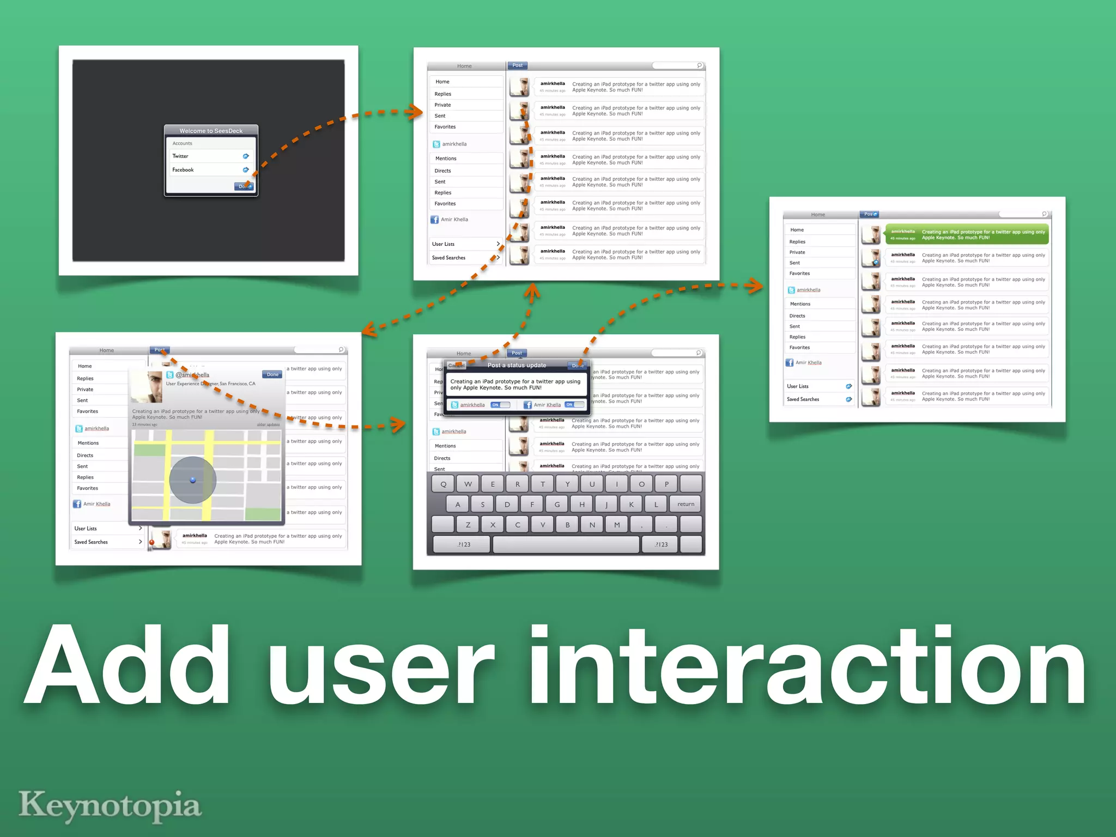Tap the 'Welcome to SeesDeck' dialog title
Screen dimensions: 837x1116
pyautogui.click(x=211, y=131)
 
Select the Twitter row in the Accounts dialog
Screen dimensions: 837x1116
pyautogui.click(x=210, y=156)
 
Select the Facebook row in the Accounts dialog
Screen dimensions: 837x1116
pyautogui.click(x=210, y=170)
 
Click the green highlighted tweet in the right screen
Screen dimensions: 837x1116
pyautogui.click(x=967, y=234)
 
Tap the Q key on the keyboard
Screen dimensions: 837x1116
pyautogui.click(x=443, y=484)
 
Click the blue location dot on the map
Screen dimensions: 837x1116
pyautogui.click(x=192, y=480)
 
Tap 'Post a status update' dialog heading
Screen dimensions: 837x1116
pyautogui.click(x=517, y=365)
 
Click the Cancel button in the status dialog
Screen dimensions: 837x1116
pyautogui.click(x=456, y=366)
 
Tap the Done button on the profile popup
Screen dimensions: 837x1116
pyautogui.click(x=272, y=374)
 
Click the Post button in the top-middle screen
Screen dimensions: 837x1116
pyautogui.click(x=517, y=65)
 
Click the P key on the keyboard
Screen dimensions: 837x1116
pyautogui.click(x=666, y=484)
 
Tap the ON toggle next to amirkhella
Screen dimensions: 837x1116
pyautogui.click(x=500, y=405)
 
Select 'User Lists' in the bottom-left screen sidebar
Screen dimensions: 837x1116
pyautogui.click(x=86, y=529)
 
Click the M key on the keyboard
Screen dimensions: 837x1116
pyautogui.click(x=617, y=525)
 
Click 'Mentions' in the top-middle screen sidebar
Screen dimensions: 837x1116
pyautogui.click(x=446, y=159)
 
